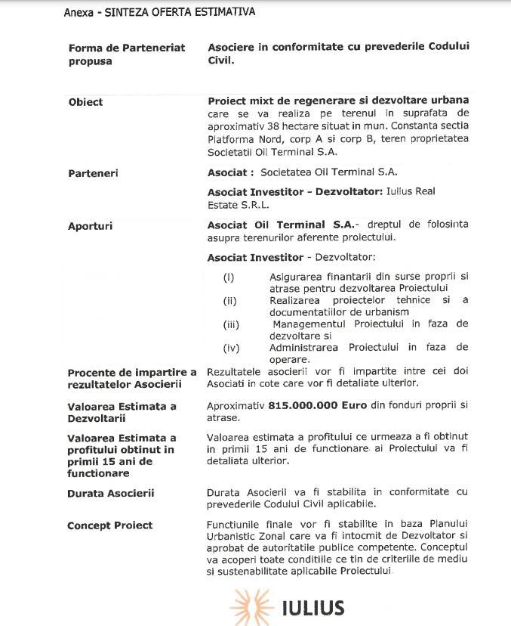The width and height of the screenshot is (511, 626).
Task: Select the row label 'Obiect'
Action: [85, 102]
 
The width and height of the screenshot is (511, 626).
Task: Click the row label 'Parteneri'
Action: [93, 173]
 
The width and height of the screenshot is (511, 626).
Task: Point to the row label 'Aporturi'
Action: [91, 225]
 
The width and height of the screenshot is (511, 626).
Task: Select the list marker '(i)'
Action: [229, 277]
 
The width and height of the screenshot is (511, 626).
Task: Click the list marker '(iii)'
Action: [231, 324]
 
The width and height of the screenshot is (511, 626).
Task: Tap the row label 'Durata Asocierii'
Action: [111, 493]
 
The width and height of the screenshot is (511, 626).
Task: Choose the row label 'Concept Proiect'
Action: [110, 525]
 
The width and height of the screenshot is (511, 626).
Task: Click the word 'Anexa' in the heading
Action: [78, 12]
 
